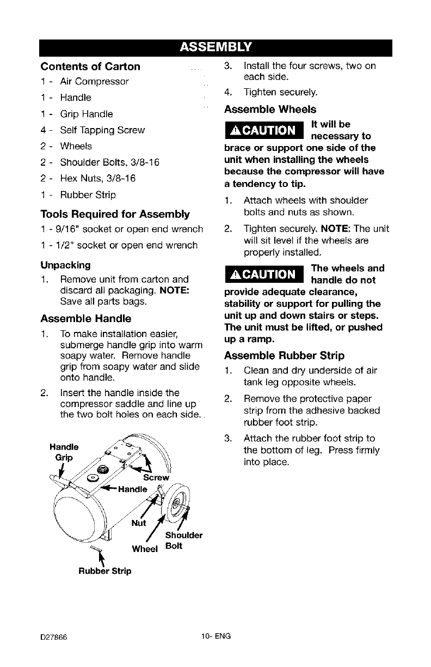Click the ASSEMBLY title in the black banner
pos(215,47)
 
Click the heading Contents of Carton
pos(90,66)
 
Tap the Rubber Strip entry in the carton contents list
pos(88,195)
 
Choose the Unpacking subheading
pos(65,265)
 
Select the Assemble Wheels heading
pos(270,108)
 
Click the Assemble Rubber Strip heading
pos(284,356)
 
